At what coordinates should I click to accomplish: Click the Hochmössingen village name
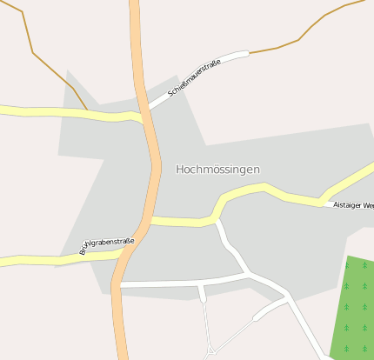click(217, 170)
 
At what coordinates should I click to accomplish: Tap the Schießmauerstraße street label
click(193, 77)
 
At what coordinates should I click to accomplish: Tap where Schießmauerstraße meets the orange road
click(148, 109)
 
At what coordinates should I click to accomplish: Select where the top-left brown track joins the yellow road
click(88, 111)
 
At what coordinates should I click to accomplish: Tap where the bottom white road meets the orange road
click(118, 284)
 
